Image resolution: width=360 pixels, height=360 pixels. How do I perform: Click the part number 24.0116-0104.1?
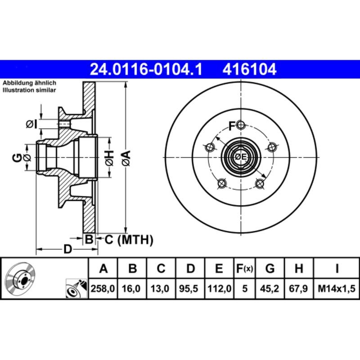147,69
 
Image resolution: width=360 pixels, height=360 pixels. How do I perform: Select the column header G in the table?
270,269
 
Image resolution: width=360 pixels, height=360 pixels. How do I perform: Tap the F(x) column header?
245,269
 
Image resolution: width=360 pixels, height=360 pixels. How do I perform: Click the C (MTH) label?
129,240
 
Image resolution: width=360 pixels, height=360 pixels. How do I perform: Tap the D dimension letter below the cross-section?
67,249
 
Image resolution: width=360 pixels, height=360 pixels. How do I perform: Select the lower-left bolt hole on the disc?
221,184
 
